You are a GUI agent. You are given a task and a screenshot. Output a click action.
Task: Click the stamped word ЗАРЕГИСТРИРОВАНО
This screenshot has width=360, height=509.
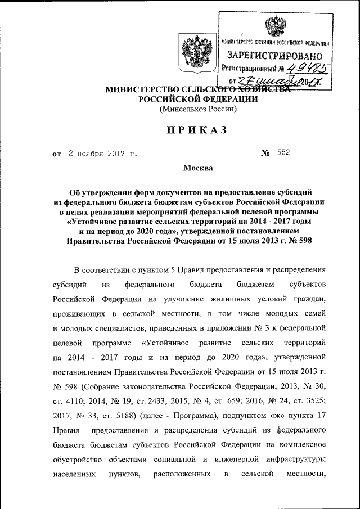point(274,56)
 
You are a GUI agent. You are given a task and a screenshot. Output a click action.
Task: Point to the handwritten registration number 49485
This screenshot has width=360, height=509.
point(305,69)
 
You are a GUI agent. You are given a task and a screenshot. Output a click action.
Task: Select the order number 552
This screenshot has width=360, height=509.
point(283,152)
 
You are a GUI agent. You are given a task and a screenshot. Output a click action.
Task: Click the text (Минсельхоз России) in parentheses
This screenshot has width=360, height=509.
point(195,109)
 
